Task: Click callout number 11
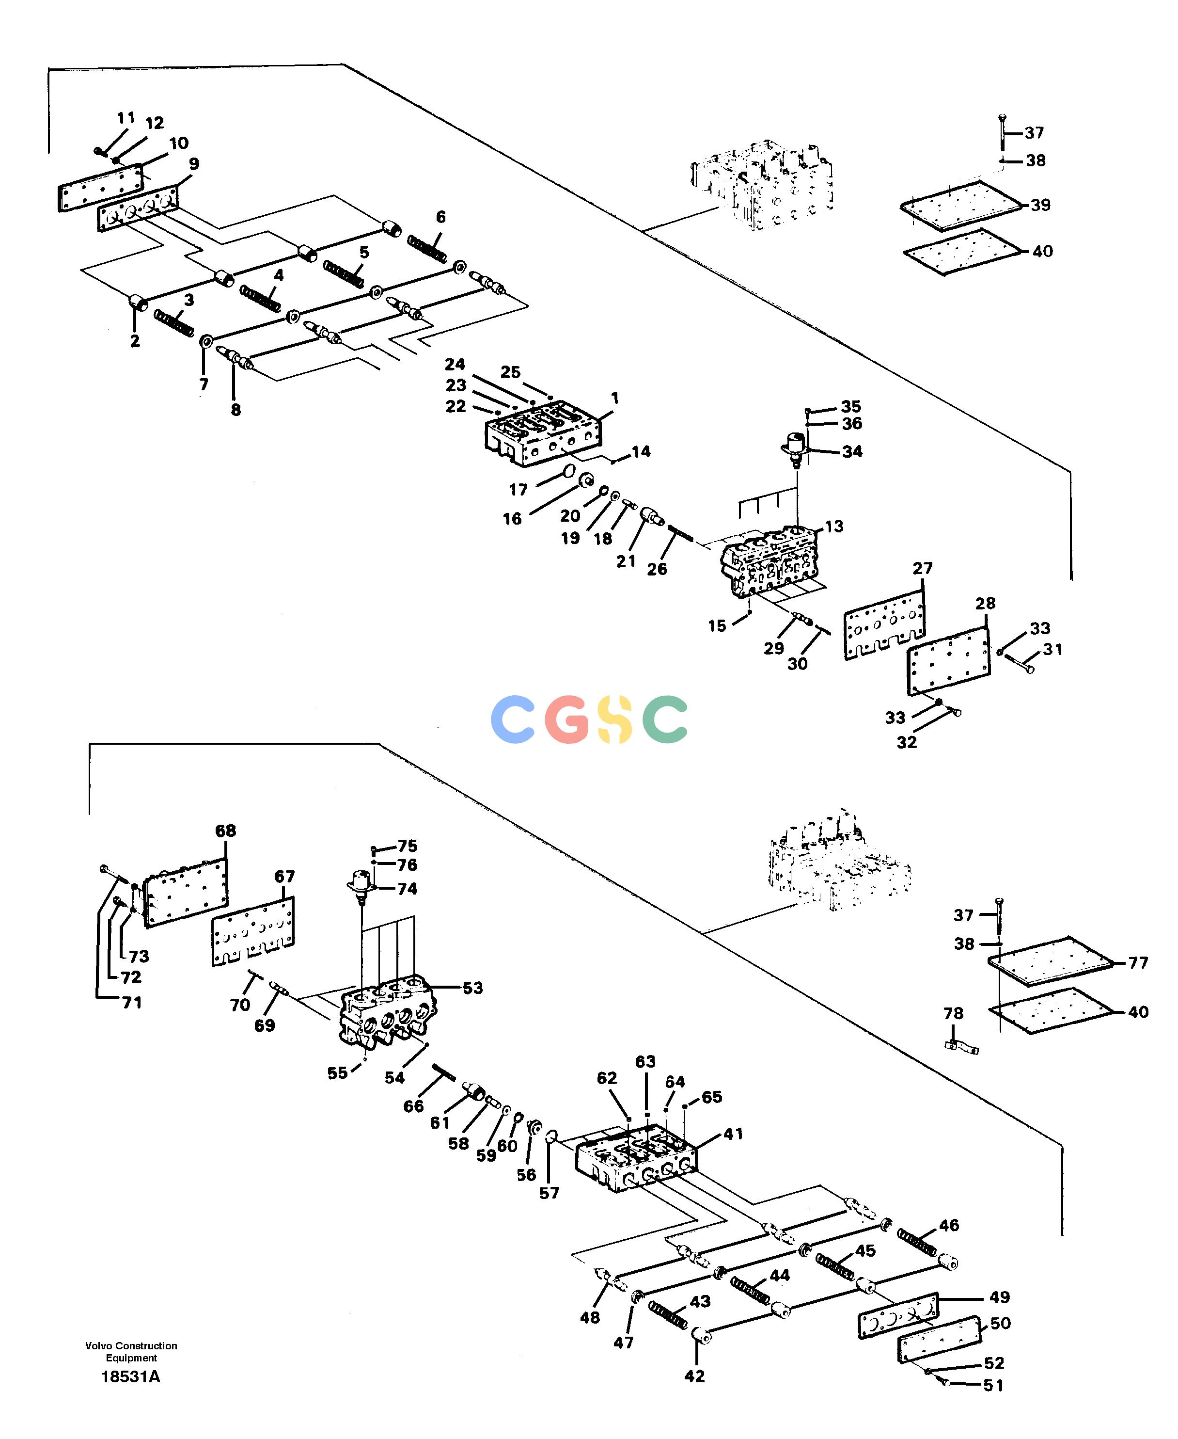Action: point(126,118)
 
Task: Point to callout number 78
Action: point(953,1013)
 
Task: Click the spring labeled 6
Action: point(427,248)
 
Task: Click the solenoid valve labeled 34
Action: point(795,448)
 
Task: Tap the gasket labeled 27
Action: point(884,624)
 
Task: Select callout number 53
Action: point(473,988)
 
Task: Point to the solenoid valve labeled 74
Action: point(362,886)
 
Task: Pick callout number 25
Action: point(510,372)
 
